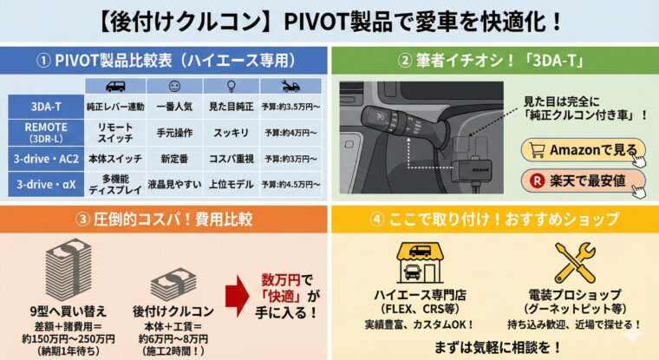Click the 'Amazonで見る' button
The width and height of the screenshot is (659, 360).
tap(583, 150)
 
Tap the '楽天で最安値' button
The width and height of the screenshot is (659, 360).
tap(583, 181)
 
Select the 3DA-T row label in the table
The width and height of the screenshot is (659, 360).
tap(46, 107)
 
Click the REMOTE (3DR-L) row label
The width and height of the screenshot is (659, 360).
tap(46, 133)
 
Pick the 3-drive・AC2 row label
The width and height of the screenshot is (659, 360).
tap(46, 159)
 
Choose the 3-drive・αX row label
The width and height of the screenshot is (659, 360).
tap(46, 184)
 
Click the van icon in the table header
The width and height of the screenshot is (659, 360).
tap(115, 86)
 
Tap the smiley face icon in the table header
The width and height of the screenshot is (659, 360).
tap(174, 86)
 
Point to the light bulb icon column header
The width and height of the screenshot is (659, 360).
tap(232, 86)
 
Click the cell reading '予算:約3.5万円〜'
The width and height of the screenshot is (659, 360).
tap(290, 107)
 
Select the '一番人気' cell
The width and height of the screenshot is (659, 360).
tap(174, 107)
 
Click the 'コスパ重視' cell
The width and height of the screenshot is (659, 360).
tap(232, 159)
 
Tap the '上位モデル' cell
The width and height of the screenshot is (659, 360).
tap(232, 184)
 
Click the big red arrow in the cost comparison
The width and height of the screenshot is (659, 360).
tap(237, 296)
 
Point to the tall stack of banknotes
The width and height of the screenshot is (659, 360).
tap(69, 270)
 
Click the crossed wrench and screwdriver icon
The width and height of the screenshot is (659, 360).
tap(575, 263)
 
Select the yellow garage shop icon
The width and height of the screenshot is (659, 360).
tap(420, 263)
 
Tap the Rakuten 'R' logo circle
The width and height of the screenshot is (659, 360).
tap(537, 181)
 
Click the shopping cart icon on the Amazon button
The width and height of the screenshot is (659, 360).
tap(537, 150)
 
